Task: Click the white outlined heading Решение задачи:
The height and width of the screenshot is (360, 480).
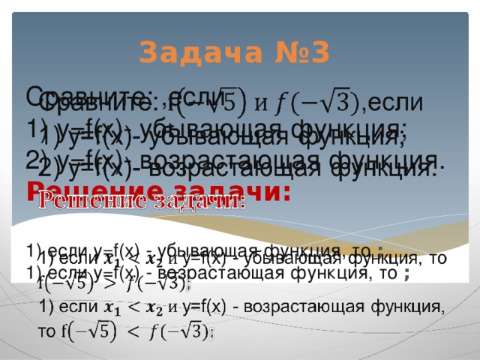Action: [x=142, y=202]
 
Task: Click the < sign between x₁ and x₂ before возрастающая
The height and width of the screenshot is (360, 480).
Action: [x=133, y=307]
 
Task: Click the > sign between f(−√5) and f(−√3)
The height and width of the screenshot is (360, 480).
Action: [x=109, y=285]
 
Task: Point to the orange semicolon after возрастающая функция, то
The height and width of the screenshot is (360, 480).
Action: [x=406, y=274]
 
